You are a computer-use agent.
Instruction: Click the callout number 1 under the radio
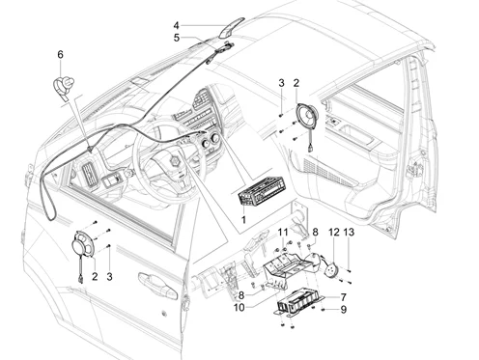pyautogui.click(x=243, y=220)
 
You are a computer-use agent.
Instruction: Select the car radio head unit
pyautogui.click(x=261, y=193)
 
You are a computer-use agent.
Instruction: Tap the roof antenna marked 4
pyautogui.click(x=232, y=28)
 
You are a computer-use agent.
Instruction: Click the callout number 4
pyautogui.click(x=176, y=25)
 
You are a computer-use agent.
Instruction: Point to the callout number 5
pyautogui.click(x=177, y=38)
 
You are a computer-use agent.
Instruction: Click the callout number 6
pyautogui.click(x=61, y=54)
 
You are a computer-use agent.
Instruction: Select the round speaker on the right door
pyautogui.click(x=307, y=115)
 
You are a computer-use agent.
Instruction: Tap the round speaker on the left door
pyautogui.click(x=83, y=244)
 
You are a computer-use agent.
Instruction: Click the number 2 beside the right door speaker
pyautogui.click(x=296, y=83)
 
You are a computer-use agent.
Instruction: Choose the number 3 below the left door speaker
pyautogui.click(x=109, y=277)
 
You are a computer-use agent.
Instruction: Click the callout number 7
pyautogui.click(x=343, y=297)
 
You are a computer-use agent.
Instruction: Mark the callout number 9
pyautogui.click(x=344, y=310)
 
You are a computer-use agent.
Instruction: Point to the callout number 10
pyautogui.click(x=239, y=308)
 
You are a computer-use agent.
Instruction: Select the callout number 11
pyautogui.click(x=283, y=232)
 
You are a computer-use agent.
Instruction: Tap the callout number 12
pyautogui.click(x=334, y=232)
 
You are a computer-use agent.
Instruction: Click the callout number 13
pyautogui.click(x=349, y=232)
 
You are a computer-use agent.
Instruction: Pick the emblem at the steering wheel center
pyautogui.click(x=176, y=160)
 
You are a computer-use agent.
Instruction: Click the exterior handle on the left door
pyautogui.click(x=157, y=287)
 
